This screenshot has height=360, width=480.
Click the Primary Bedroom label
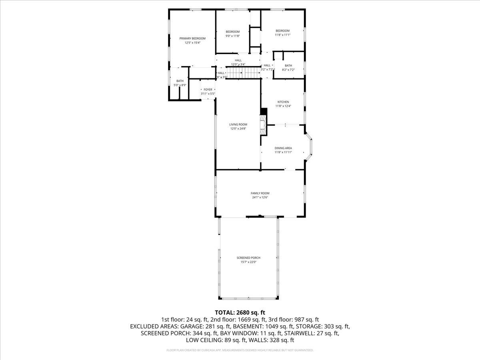click(192, 38)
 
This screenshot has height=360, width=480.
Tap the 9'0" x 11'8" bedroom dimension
click(232, 36)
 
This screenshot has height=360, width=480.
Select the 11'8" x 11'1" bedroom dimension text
click(282, 35)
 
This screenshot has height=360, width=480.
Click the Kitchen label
click(283, 102)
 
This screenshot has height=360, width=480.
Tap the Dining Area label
click(283, 148)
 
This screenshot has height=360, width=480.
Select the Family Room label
click(260, 193)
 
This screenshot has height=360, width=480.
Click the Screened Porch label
click(248, 258)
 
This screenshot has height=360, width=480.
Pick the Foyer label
click(208, 90)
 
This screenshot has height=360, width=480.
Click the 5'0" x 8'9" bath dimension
click(180, 85)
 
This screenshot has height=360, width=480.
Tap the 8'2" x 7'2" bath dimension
click(288, 70)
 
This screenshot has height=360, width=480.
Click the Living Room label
click(238, 124)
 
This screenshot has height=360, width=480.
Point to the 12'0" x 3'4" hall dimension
click(238, 64)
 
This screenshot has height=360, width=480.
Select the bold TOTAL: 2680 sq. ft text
click(240, 312)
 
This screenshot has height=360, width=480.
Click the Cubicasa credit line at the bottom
click(240, 350)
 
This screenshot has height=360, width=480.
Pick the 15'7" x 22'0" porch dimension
click(248, 262)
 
